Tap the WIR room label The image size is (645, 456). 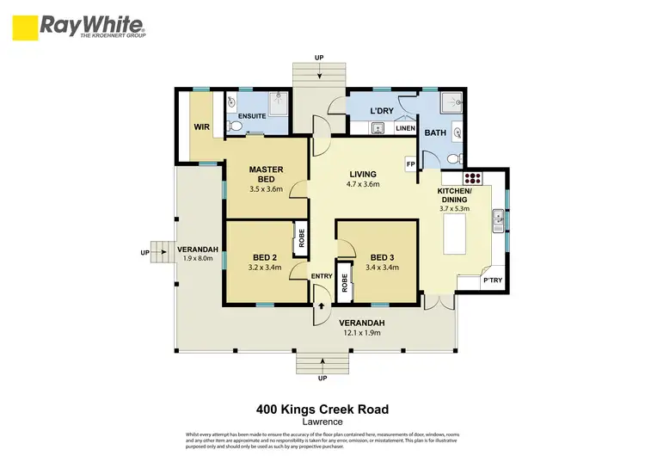click(202, 127)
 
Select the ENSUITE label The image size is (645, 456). click(252, 116)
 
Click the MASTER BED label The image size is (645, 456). click(267, 174)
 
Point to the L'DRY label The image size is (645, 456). click(382, 113)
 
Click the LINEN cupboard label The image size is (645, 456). click(405, 128)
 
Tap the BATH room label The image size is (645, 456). click(435, 132)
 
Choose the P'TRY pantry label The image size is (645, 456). click(492, 280)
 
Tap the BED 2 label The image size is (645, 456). click(265, 257)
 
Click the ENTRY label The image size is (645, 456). click(322, 275)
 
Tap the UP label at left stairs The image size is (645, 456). click(144, 253)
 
